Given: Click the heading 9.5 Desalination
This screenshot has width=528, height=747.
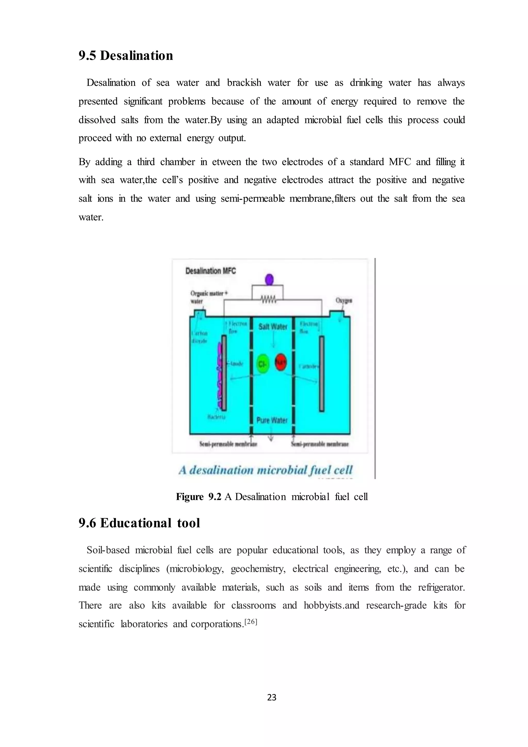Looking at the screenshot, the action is (x=126, y=56).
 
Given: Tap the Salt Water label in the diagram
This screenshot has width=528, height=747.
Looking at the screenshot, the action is (x=273, y=326).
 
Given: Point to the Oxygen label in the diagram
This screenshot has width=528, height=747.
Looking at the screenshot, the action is (x=344, y=301).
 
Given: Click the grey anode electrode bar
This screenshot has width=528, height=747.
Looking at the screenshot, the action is (x=224, y=373).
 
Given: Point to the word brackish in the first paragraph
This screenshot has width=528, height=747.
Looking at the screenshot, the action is (x=244, y=83).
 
